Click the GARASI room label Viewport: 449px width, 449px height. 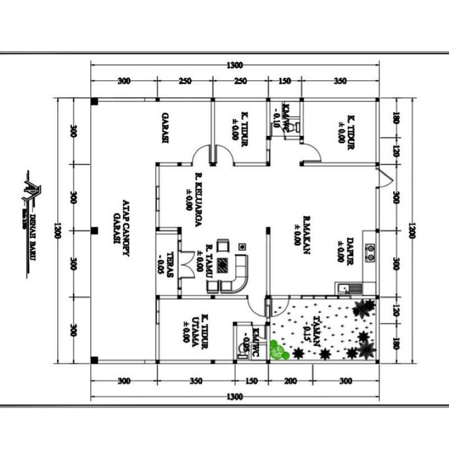pyautogui.click(x=166, y=129)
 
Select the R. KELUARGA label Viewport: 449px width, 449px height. pyautogui.click(x=194, y=200)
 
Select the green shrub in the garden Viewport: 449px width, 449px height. pyautogui.click(x=277, y=350)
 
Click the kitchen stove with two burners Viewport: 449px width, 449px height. pyautogui.click(x=370, y=253)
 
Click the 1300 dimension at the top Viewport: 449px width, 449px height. pyautogui.click(x=235, y=65)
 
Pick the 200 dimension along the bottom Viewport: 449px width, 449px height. pyautogui.click(x=290, y=381)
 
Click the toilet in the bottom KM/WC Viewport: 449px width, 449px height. pyautogui.click(x=245, y=339)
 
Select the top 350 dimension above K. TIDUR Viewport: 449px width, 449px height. pyautogui.click(x=340, y=81)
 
